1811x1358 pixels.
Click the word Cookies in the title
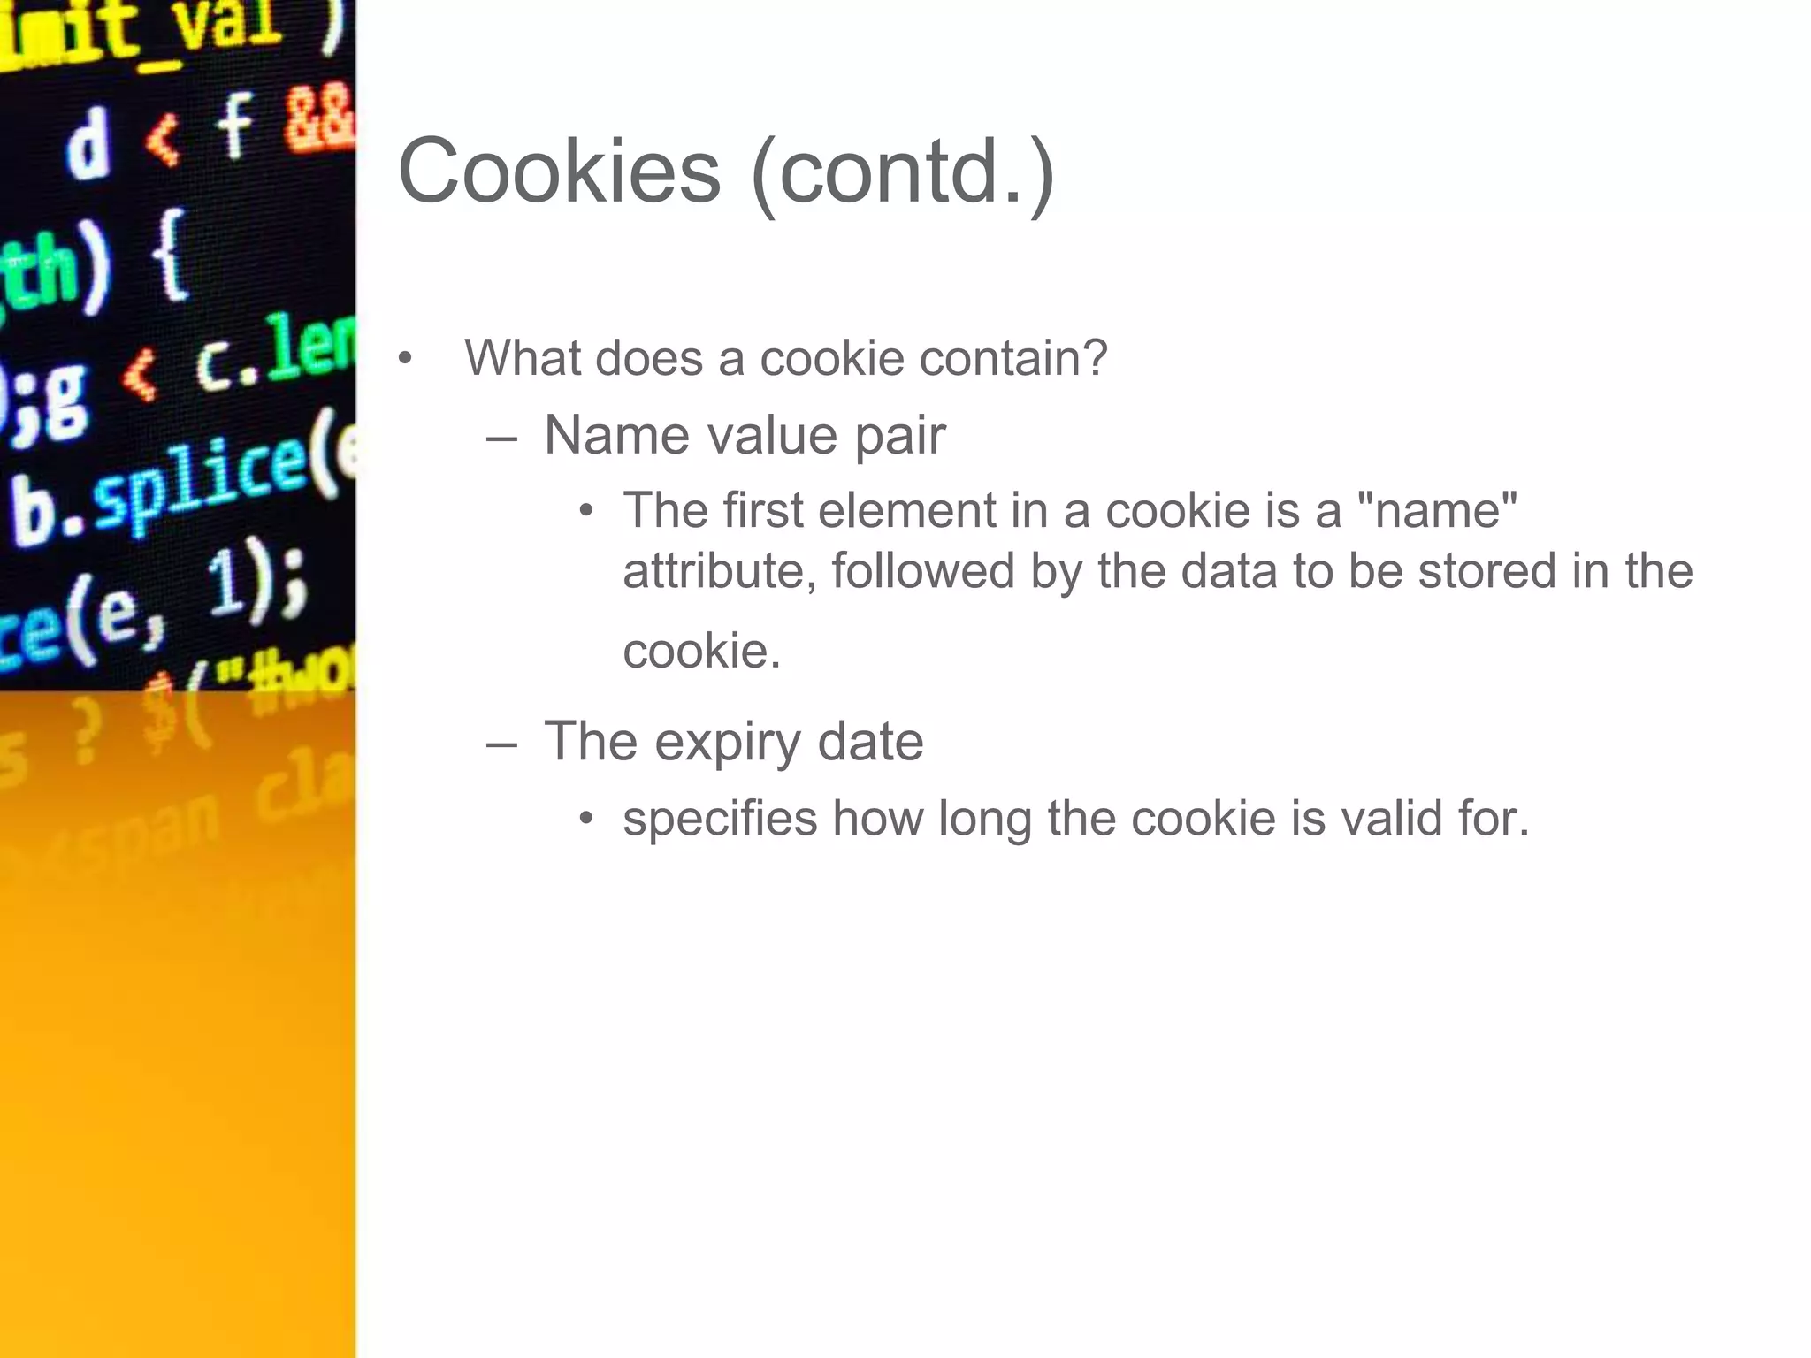[x=559, y=172]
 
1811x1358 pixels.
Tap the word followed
[x=922, y=571]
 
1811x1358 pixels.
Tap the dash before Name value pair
[x=501, y=437]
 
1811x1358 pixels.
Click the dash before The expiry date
[x=501, y=743]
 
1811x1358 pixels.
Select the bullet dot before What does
[x=405, y=359]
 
